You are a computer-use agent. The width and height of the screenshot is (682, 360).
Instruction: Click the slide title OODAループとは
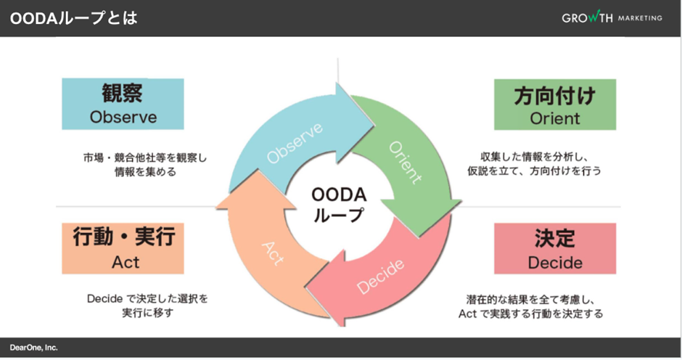click(x=73, y=18)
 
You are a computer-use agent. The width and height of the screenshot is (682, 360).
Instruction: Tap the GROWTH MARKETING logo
click(x=611, y=18)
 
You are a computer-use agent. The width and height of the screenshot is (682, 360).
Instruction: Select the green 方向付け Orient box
click(x=555, y=105)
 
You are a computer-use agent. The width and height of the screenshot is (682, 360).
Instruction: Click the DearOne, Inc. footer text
click(x=33, y=348)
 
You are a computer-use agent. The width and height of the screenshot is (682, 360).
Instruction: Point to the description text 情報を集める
click(x=144, y=173)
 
